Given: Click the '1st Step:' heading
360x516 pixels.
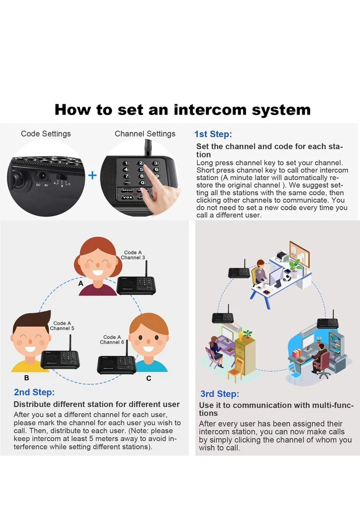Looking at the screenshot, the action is click(x=213, y=134).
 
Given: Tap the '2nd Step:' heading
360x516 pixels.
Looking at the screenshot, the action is click(x=34, y=392).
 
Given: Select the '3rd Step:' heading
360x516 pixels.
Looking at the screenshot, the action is click(x=220, y=394).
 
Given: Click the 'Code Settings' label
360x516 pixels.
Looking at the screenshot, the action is click(x=46, y=134).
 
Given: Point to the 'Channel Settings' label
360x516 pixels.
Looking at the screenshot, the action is click(x=145, y=134).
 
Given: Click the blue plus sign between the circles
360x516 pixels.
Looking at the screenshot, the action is click(x=92, y=175).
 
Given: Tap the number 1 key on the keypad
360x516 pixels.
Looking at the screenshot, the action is click(x=126, y=163).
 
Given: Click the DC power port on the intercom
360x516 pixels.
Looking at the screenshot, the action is click(x=42, y=176).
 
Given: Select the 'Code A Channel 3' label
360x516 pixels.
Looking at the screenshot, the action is click(x=133, y=255).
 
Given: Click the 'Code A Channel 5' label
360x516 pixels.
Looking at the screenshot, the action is click(x=62, y=326).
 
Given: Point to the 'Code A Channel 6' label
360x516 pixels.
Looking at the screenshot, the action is click(x=112, y=340).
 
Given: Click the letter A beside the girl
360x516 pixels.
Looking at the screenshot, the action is click(x=80, y=283).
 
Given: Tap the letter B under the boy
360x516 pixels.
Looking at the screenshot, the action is click(x=27, y=378).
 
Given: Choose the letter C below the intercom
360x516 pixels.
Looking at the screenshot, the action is click(x=149, y=378).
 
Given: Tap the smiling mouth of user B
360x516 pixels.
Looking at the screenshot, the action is click(x=30, y=349).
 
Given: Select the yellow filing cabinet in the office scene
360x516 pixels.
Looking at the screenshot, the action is click(x=245, y=356).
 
